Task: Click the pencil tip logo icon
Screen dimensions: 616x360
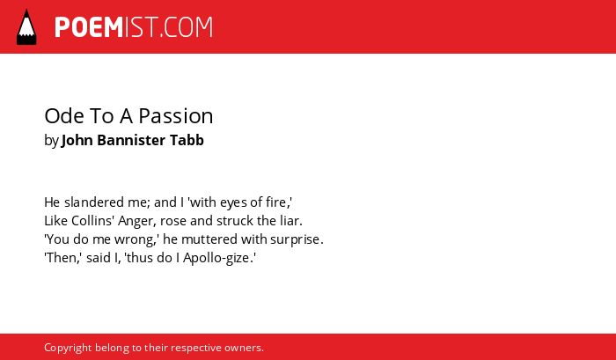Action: [x=26, y=26]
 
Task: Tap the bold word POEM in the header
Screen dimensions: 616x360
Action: [x=89, y=27]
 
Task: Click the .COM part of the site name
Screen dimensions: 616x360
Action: [x=187, y=27]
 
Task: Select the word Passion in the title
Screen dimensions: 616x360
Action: [x=176, y=116]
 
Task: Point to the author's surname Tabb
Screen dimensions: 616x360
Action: [x=187, y=140]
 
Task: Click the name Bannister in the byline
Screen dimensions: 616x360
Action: [x=131, y=140]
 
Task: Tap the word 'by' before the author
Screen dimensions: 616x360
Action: [x=51, y=141]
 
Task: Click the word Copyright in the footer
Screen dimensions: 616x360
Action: [x=68, y=349]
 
